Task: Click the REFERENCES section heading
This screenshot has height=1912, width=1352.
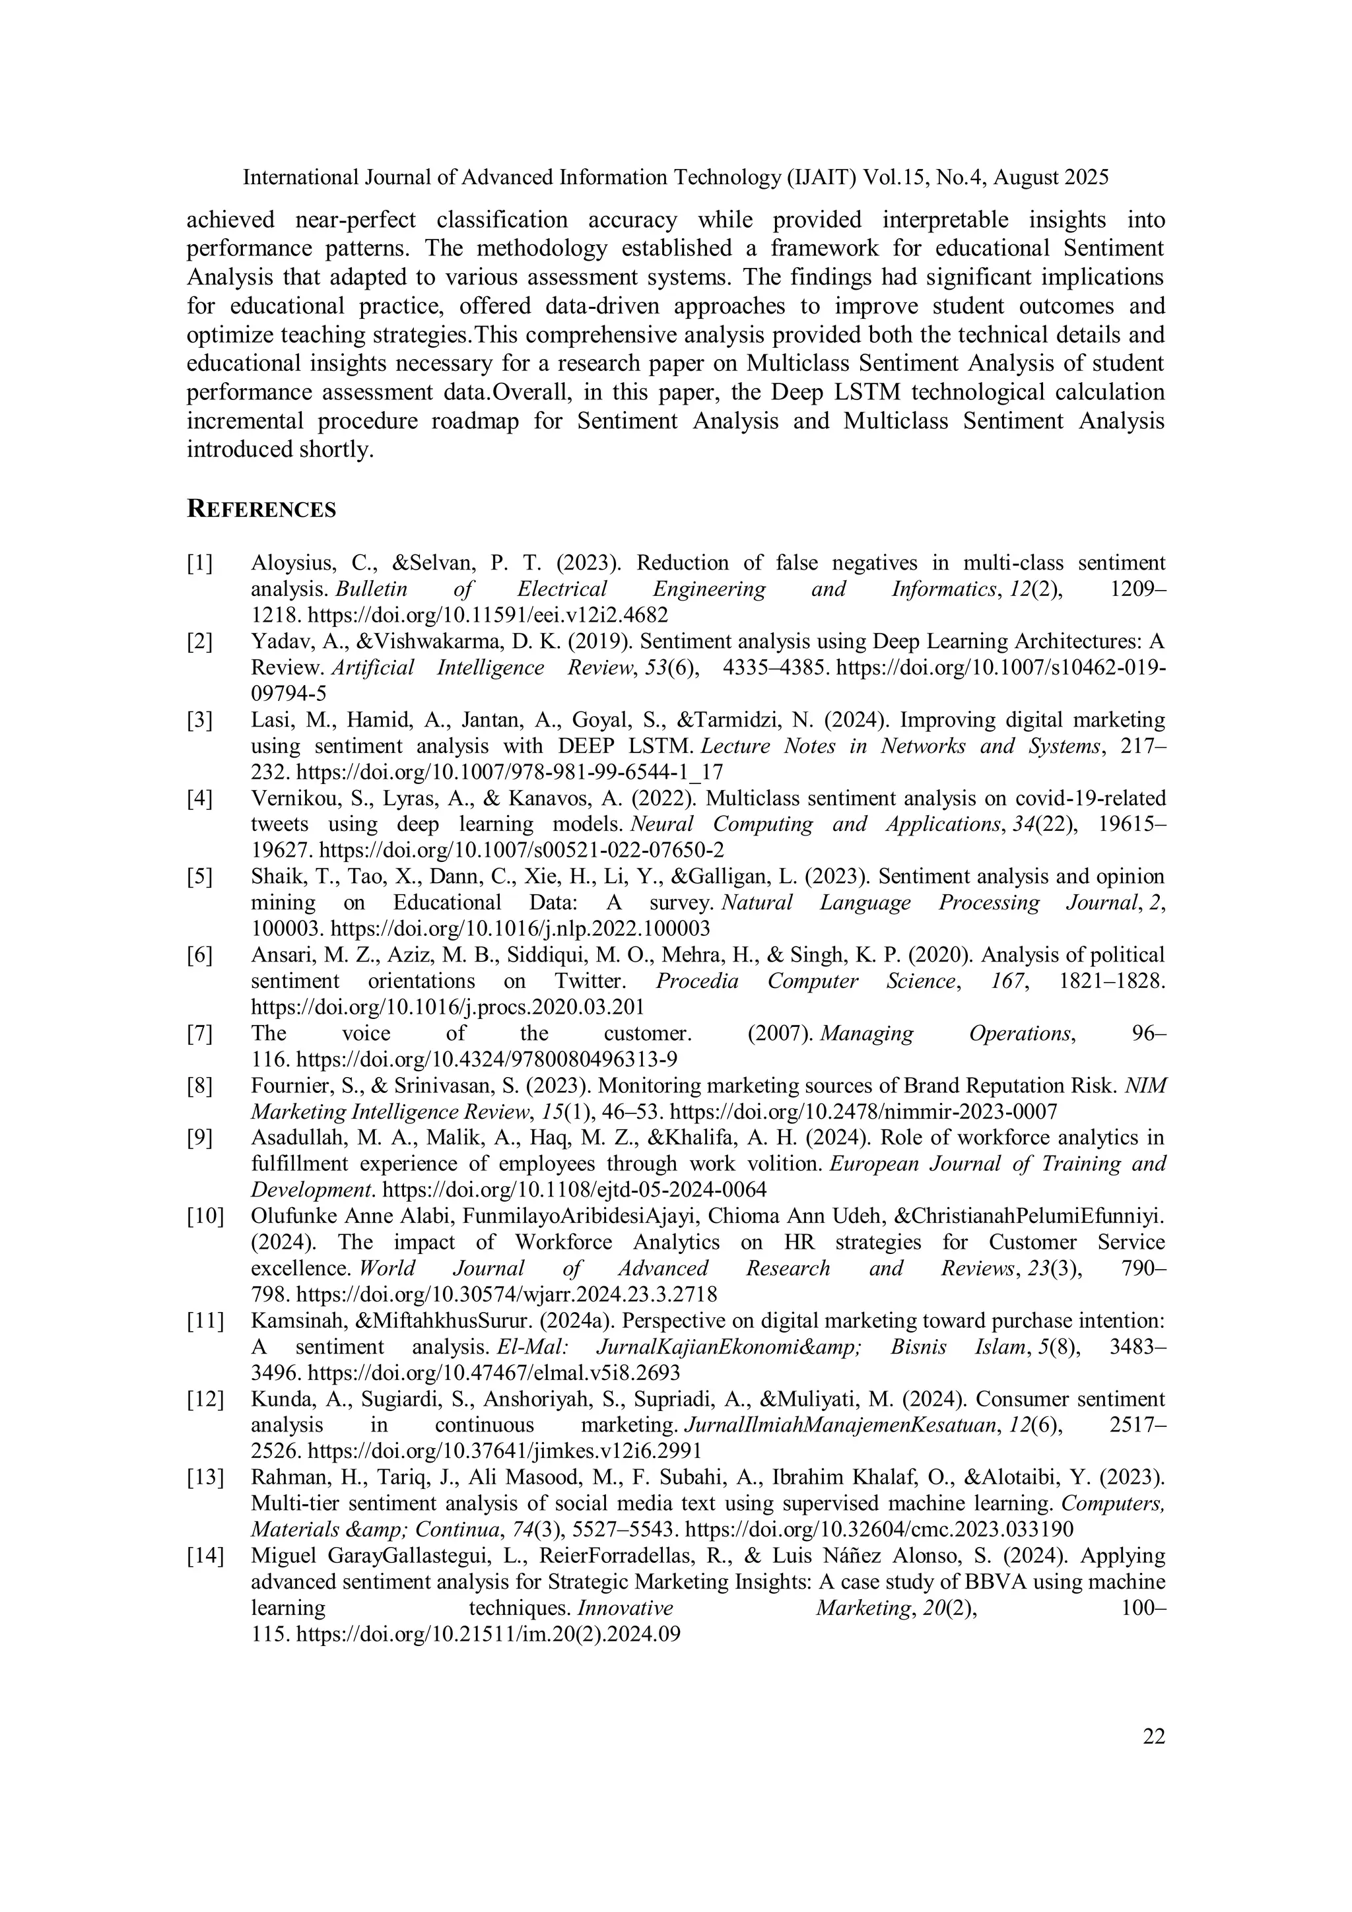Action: [x=261, y=510]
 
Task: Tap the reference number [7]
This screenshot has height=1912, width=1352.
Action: [x=200, y=1034]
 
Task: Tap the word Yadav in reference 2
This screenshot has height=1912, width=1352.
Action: [x=277, y=642]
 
